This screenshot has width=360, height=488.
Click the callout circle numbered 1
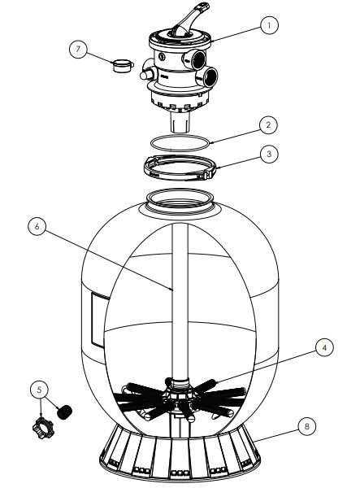(x=269, y=25)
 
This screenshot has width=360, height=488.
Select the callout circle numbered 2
(x=268, y=125)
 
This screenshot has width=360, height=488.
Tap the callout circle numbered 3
(x=269, y=154)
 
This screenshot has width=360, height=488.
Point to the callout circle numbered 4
(x=324, y=347)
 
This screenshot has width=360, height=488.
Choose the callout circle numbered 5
(x=39, y=390)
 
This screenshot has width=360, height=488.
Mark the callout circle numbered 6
(x=37, y=226)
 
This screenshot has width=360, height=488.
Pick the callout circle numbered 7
(x=78, y=49)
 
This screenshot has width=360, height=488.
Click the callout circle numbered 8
(x=307, y=426)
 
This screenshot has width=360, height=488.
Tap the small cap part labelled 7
(x=123, y=66)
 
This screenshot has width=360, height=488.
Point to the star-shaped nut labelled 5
(x=43, y=428)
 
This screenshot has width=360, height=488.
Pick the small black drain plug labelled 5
(x=65, y=412)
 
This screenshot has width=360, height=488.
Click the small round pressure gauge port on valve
(x=162, y=56)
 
